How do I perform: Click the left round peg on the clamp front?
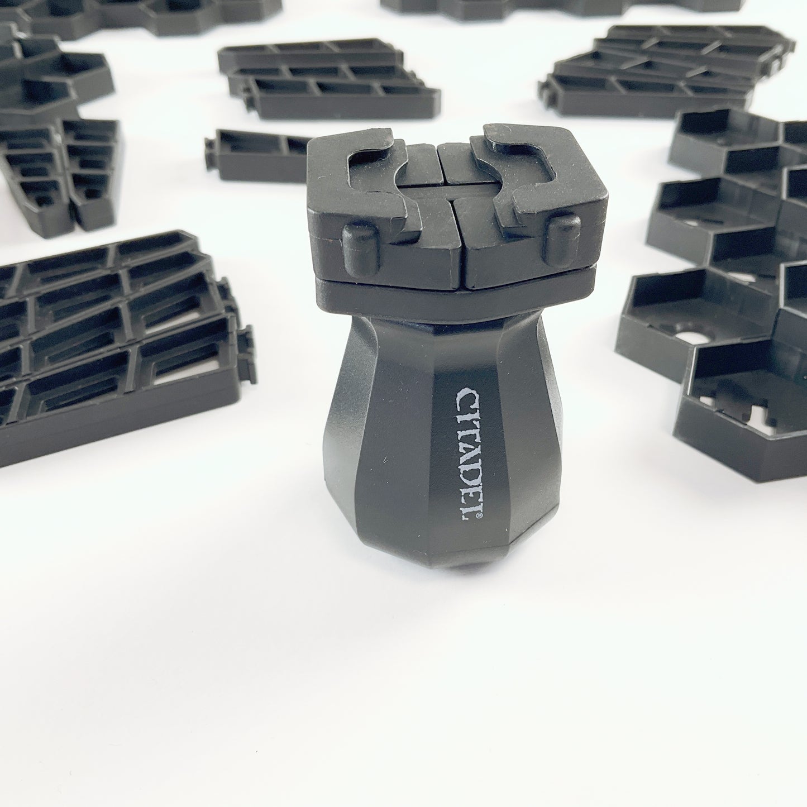361,251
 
